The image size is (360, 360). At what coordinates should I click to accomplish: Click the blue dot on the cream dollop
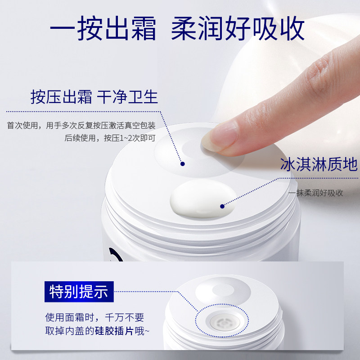[x=222, y=207]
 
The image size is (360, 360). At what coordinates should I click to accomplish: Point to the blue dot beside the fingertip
[x=183, y=164]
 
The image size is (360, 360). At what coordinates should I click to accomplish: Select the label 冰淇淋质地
[x=318, y=165]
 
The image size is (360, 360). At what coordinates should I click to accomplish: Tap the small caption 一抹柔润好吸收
[x=316, y=193]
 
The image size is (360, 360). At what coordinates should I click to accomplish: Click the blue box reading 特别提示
[x=79, y=291]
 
